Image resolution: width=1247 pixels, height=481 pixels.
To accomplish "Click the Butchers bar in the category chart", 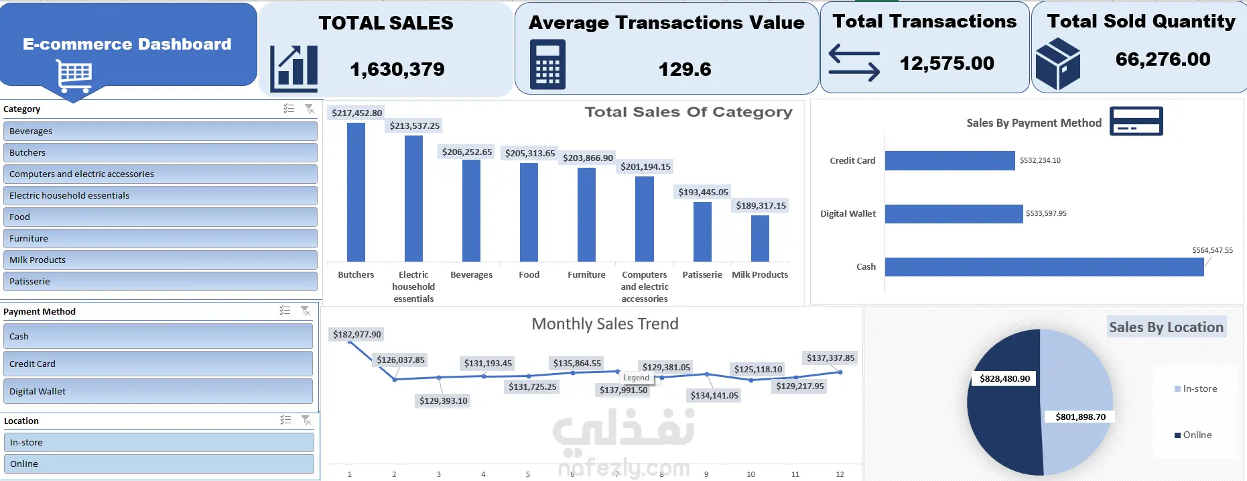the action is point(356,192).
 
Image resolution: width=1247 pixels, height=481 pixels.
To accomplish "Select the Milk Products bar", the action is point(760,238).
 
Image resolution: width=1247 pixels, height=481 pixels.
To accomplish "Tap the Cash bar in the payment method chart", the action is point(1044,267).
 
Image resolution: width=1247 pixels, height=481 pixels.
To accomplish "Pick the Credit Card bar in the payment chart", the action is point(949,161).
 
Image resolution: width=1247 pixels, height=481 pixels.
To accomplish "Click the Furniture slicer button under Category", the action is point(160,238).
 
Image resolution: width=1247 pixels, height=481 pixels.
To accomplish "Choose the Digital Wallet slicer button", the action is point(158,391).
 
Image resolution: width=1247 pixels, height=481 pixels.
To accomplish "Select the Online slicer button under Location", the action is point(159,464).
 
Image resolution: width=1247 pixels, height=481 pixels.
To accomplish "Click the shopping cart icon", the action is point(74,76).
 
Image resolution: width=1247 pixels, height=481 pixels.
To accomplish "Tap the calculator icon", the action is point(547,64).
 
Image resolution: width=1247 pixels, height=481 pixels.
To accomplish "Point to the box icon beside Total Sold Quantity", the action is point(1057,64).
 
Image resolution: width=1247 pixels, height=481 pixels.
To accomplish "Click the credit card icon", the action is point(1136,121).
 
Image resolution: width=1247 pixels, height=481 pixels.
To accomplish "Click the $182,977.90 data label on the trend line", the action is point(357,334).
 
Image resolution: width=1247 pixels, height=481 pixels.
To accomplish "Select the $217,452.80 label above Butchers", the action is point(357,113).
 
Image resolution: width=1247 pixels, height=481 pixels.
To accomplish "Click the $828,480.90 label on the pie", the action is point(1004,378).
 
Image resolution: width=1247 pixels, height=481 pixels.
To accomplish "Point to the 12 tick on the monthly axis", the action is point(840,474).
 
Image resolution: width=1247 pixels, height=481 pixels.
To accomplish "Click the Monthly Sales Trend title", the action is point(605,324).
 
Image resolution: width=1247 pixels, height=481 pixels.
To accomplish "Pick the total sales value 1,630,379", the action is point(397,69).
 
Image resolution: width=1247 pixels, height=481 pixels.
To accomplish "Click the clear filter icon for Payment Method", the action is point(306,311).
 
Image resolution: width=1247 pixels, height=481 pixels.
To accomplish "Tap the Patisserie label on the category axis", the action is point(702,274).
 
